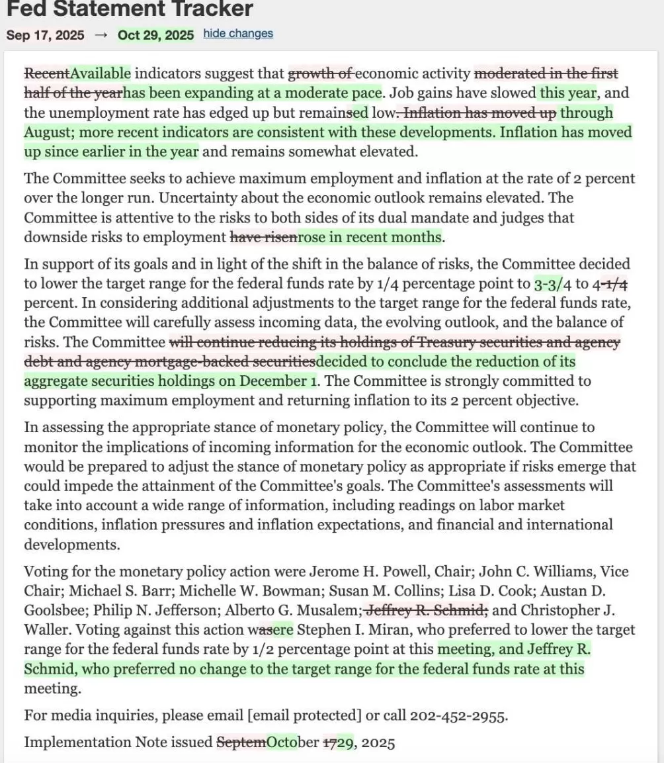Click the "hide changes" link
(238, 34)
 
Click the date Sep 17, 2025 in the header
(46, 35)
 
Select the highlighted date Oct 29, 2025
(156, 35)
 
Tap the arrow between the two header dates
(101, 35)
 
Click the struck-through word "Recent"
(47, 73)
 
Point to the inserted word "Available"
(101, 73)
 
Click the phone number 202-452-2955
(458, 716)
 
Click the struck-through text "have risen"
(263, 237)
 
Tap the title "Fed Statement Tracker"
(130, 9)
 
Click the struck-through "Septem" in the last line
(242, 742)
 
